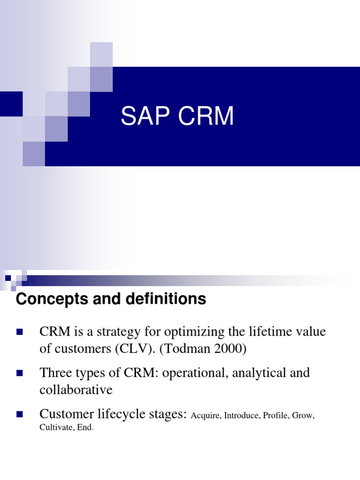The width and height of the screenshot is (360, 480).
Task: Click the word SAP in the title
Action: [x=143, y=116]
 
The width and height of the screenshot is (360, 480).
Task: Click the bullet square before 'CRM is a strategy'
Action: [x=20, y=332]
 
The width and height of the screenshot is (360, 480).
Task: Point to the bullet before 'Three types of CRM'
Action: [x=20, y=374]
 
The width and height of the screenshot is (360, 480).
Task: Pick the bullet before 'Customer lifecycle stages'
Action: [x=20, y=414]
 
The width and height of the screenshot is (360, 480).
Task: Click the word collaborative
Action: [x=76, y=390]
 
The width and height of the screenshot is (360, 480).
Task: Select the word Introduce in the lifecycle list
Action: [x=241, y=416]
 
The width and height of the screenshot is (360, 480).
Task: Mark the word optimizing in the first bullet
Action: [x=183, y=333]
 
